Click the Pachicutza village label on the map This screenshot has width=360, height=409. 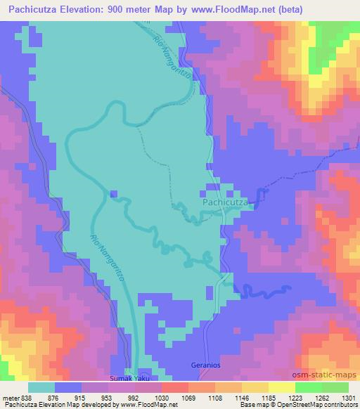click(224, 202)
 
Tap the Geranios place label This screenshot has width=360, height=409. click(205, 365)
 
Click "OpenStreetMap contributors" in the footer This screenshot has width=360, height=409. click(309, 405)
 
